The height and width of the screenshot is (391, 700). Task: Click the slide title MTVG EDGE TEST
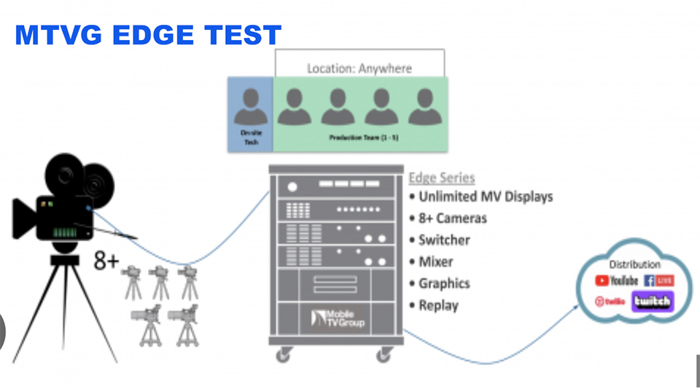click(148, 35)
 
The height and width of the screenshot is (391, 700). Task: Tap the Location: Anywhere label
click(359, 68)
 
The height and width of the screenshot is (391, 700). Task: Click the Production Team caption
click(361, 137)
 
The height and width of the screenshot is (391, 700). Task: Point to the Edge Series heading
click(441, 178)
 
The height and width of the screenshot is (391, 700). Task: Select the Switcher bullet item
click(444, 240)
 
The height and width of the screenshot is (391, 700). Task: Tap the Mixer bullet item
click(435, 261)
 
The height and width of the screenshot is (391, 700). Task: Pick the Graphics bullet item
click(444, 283)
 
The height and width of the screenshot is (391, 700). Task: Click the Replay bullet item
click(438, 305)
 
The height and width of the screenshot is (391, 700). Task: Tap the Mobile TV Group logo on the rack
click(338, 317)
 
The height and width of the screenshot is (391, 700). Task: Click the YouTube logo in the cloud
click(617, 280)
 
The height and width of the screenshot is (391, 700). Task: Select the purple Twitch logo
click(653, 301)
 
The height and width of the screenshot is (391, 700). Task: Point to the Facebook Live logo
click(659, 280)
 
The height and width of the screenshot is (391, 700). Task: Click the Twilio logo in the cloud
click(610, 301)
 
